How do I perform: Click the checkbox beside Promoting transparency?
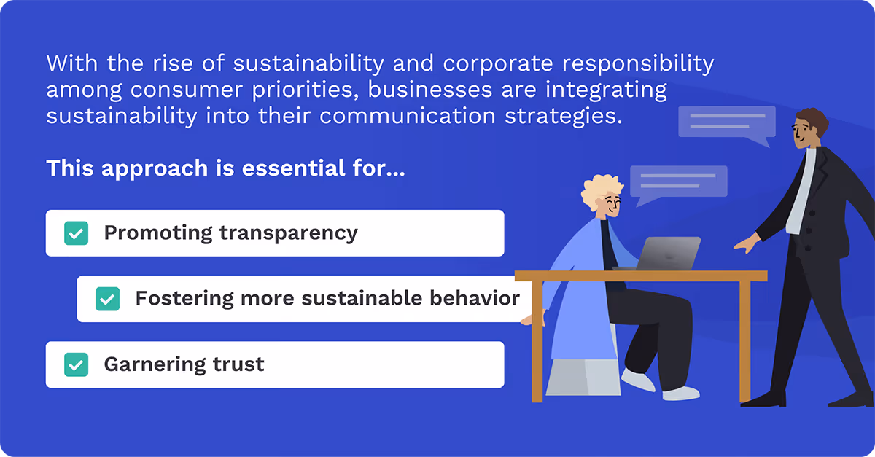77,233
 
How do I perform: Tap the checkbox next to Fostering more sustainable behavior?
108,299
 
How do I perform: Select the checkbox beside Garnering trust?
77,364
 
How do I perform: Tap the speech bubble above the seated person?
678,182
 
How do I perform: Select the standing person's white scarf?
801,190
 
